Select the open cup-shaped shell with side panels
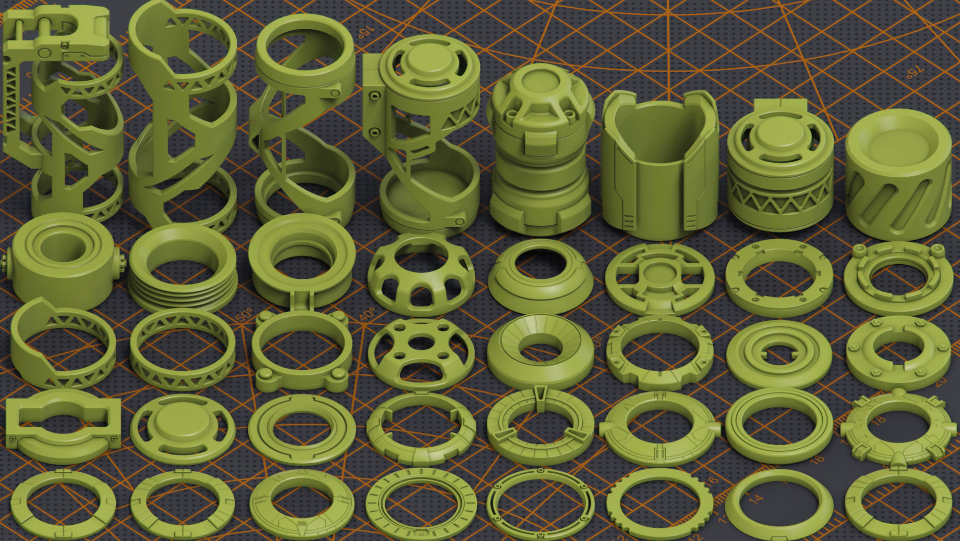coord(660,168)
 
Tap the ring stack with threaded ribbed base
coord(182,269)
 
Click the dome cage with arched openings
coord(421,274)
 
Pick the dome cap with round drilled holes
coord(421,353)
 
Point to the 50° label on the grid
coord(244,316)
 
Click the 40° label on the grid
coord(367,315)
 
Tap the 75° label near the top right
coord(914,72)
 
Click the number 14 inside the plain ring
coord(756,499)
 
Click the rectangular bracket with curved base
coord(62,425)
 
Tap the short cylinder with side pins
coord(62,262)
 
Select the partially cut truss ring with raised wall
coord(62,344)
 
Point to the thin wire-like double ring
coord(540,504)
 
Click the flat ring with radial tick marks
coord(421,504)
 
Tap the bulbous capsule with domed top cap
coord(540,149)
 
